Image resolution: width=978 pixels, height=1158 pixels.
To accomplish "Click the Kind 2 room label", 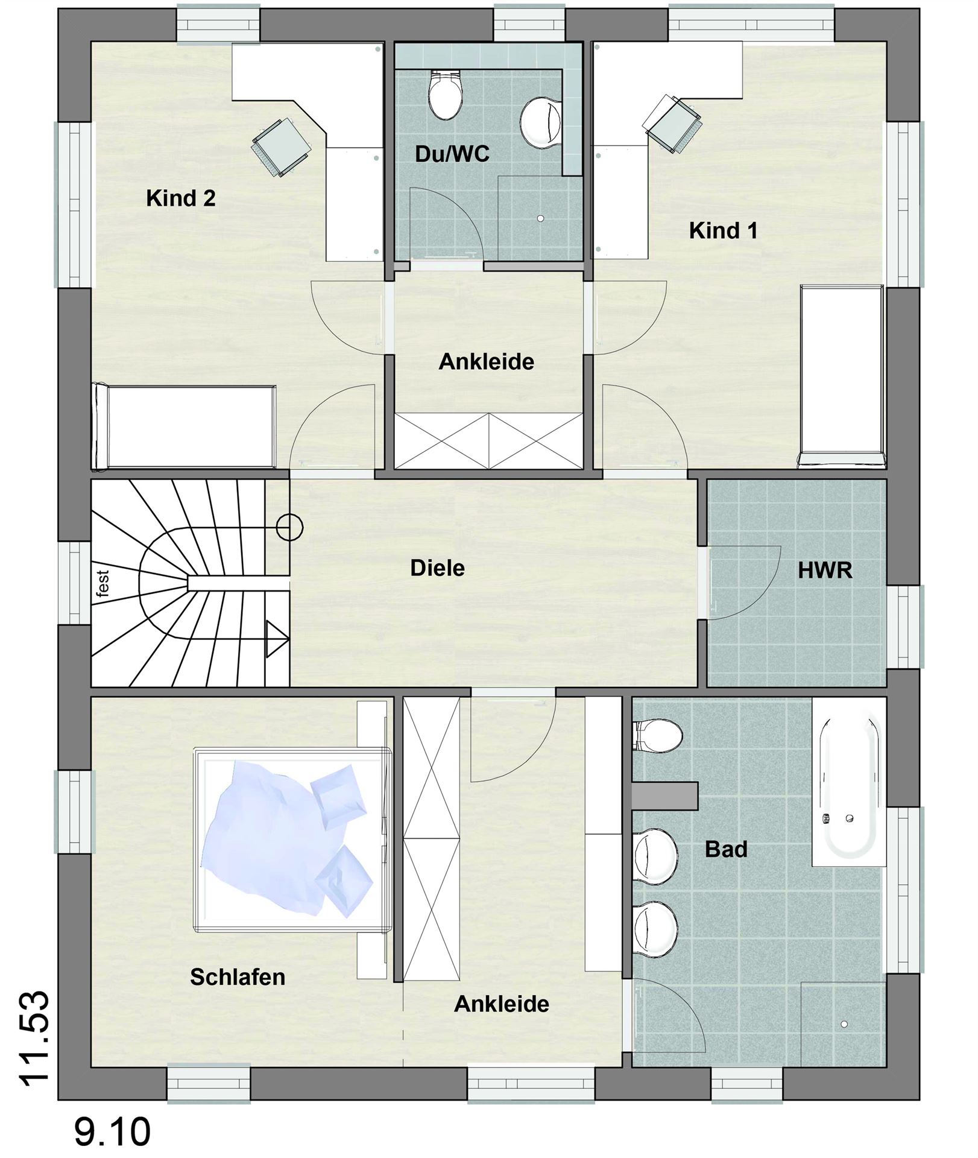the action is point(181,198).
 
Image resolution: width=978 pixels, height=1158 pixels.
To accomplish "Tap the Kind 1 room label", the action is point(723,230).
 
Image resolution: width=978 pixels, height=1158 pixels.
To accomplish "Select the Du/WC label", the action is point(452,154).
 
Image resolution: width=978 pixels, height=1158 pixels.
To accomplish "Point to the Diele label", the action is point(437,568).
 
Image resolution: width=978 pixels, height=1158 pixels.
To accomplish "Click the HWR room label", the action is point(825,571).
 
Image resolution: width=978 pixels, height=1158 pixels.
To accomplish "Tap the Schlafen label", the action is point(238,977).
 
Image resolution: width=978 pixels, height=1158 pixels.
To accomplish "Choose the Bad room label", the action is point(726,849).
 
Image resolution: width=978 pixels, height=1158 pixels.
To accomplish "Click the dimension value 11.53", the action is point(34,1038).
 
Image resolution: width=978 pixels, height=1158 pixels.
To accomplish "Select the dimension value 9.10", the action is point(112,1132).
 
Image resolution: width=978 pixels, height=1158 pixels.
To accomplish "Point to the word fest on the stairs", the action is point(103,583).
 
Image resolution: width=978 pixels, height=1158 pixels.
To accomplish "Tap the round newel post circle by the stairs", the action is point(289,527).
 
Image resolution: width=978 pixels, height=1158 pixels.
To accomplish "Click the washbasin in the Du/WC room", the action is point(541,122).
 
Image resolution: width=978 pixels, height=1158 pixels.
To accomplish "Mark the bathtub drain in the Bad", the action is point(850,818).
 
